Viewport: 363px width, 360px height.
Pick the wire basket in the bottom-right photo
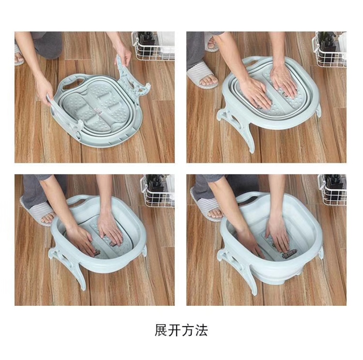pyautogui.click(x=332, y=190)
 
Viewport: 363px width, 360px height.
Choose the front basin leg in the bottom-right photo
pyautogui.click(x=241, y=268)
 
